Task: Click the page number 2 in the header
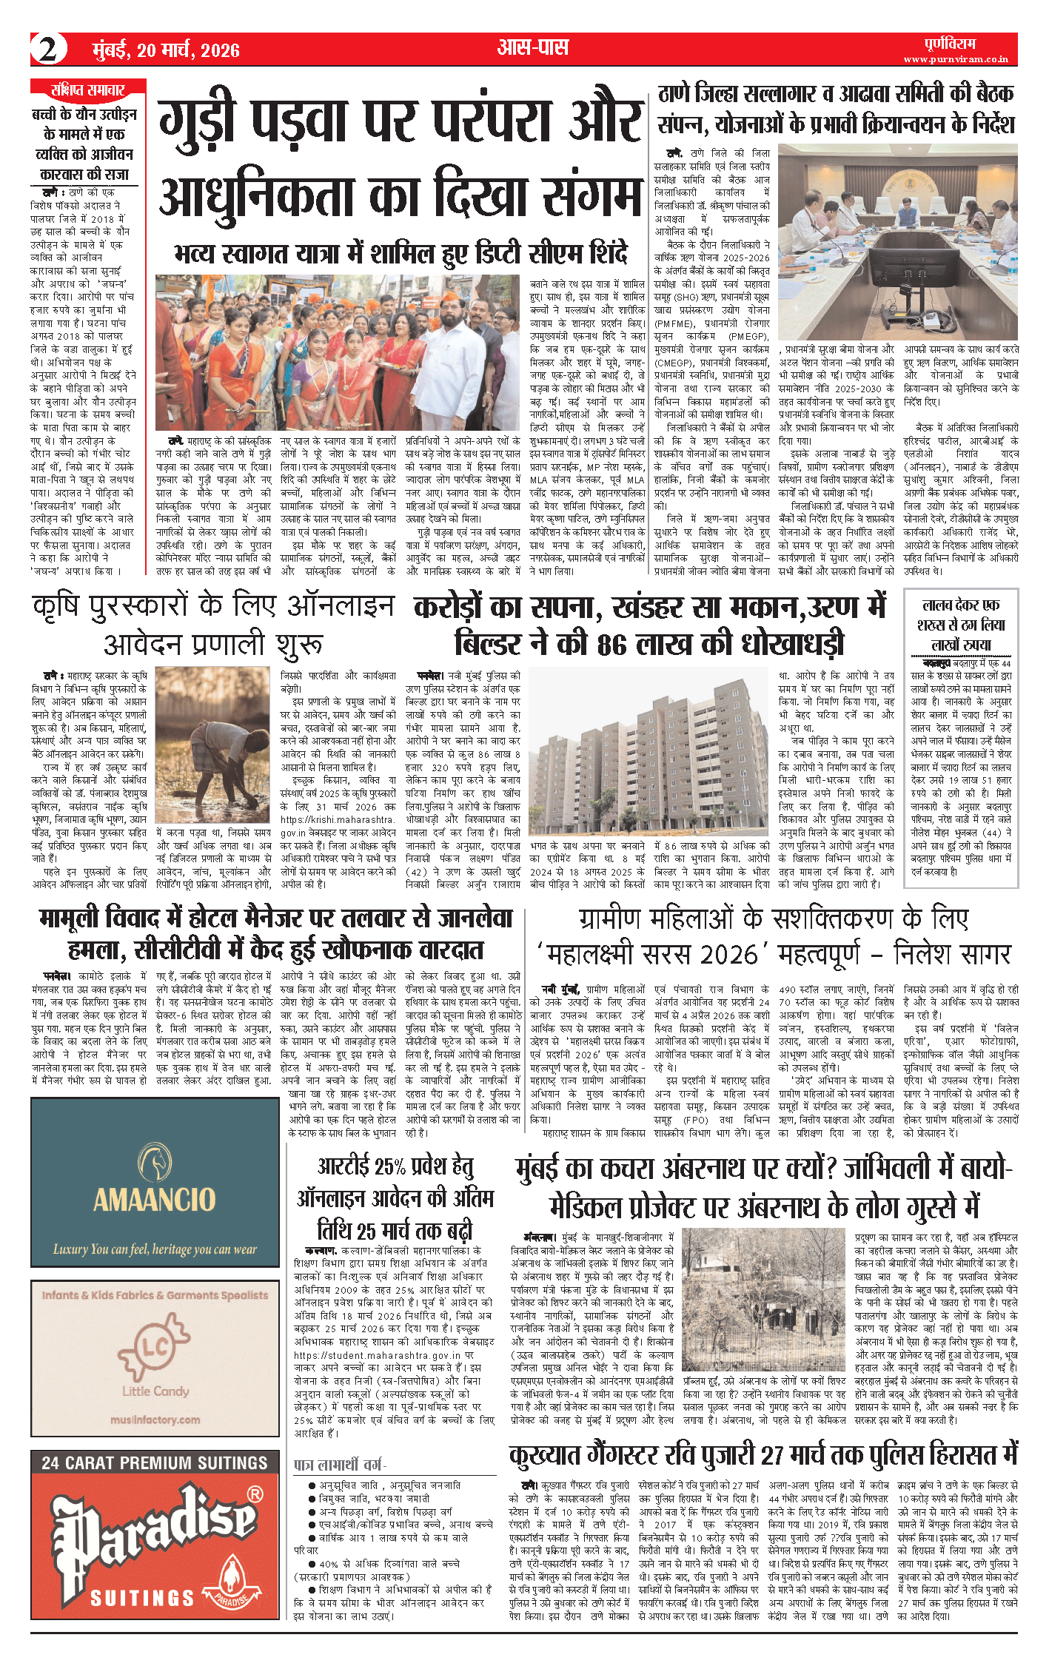click(48, 50)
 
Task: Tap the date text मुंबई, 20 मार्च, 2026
click(166, 50)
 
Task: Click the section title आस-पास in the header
click(533, 48)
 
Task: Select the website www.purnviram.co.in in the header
click(955, 59)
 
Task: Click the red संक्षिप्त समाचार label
click(88, 90)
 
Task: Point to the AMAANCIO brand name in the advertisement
click(154, 1200)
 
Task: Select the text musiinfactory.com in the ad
click(155, 1419)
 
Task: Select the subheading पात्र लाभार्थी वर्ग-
click(340, 1465)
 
